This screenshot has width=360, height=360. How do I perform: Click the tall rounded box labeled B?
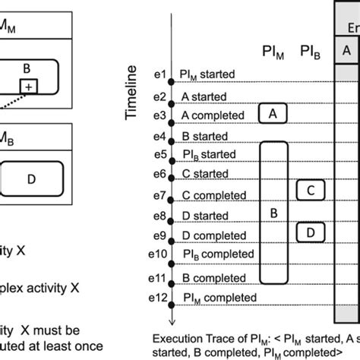tap(273, 213)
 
